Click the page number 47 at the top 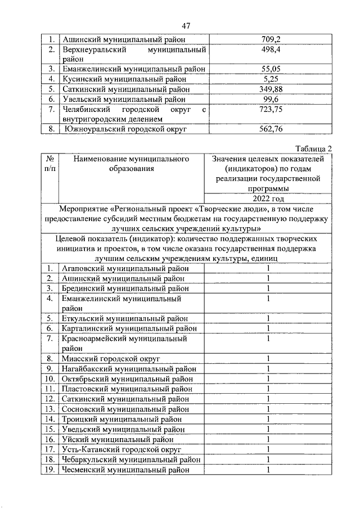tap(186, 26)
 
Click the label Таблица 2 tap(314, 148)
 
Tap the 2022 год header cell tap(267, 199)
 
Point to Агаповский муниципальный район tap(124, 268)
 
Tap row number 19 tap(49, 470)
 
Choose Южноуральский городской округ tap(125, 130)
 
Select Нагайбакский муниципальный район tap(129, 368)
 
